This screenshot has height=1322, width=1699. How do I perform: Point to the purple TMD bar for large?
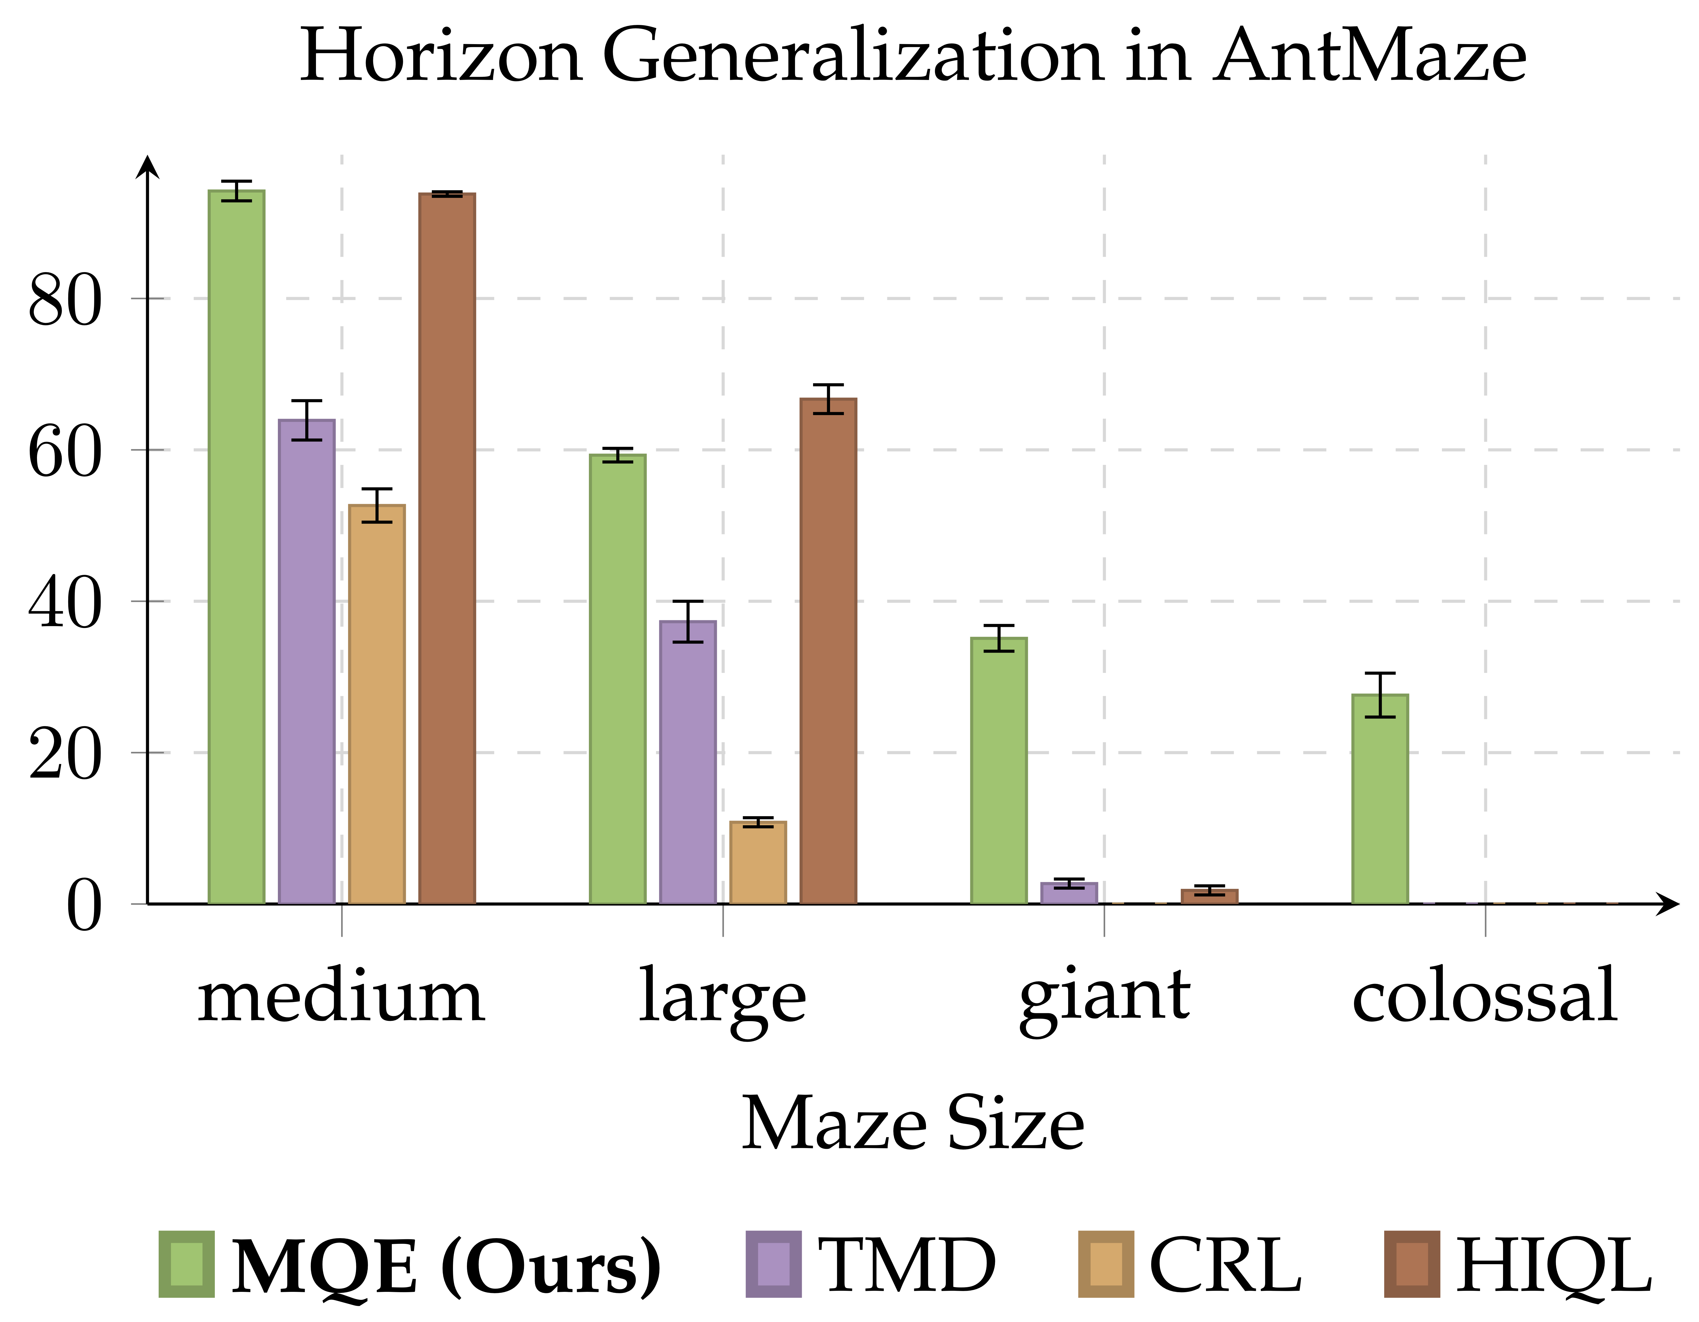688,762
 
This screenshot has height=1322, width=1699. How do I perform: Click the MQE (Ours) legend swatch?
187,1264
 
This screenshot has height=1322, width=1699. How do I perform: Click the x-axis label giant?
1105,997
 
